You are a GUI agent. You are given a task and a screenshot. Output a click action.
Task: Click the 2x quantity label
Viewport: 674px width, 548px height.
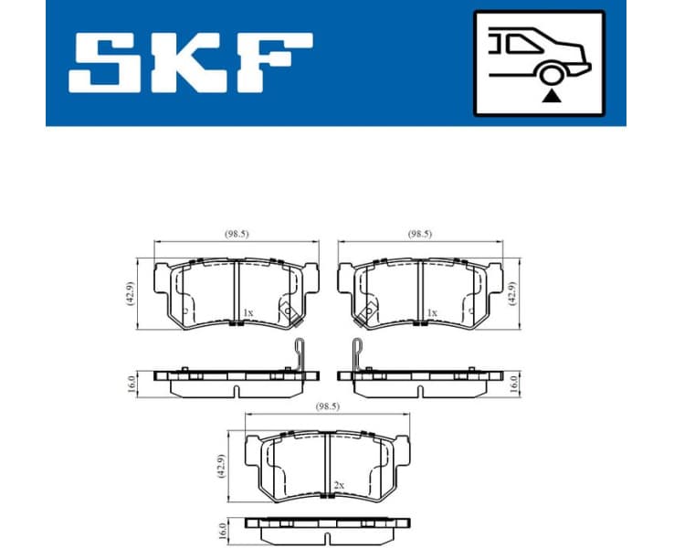(339, 484)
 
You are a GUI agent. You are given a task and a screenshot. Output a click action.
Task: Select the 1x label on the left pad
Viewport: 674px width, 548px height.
(247, 313)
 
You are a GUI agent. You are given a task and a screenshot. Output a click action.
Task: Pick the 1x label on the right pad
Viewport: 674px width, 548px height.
(432, 313)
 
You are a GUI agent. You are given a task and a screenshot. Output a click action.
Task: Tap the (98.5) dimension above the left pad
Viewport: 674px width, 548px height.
(237, 235)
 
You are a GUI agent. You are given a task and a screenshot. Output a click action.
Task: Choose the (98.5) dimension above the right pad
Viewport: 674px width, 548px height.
(420, 235)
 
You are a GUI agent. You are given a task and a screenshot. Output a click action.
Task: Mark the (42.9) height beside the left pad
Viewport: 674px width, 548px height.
(132, 292)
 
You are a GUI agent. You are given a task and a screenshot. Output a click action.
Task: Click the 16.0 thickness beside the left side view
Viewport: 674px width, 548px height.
(132, 381)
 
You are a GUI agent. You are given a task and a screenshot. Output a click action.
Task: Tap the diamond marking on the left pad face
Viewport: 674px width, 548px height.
(288, 311)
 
